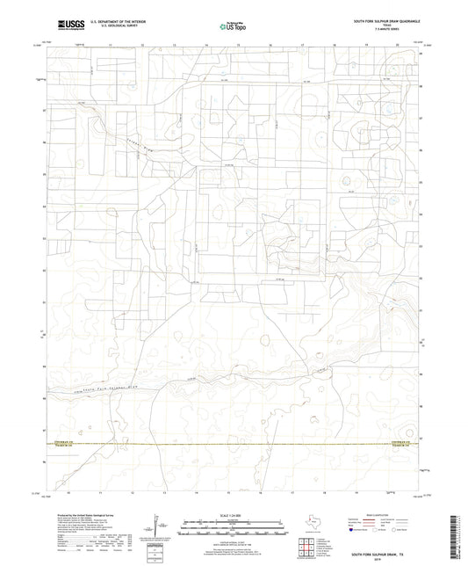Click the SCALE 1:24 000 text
pos(233,515)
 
